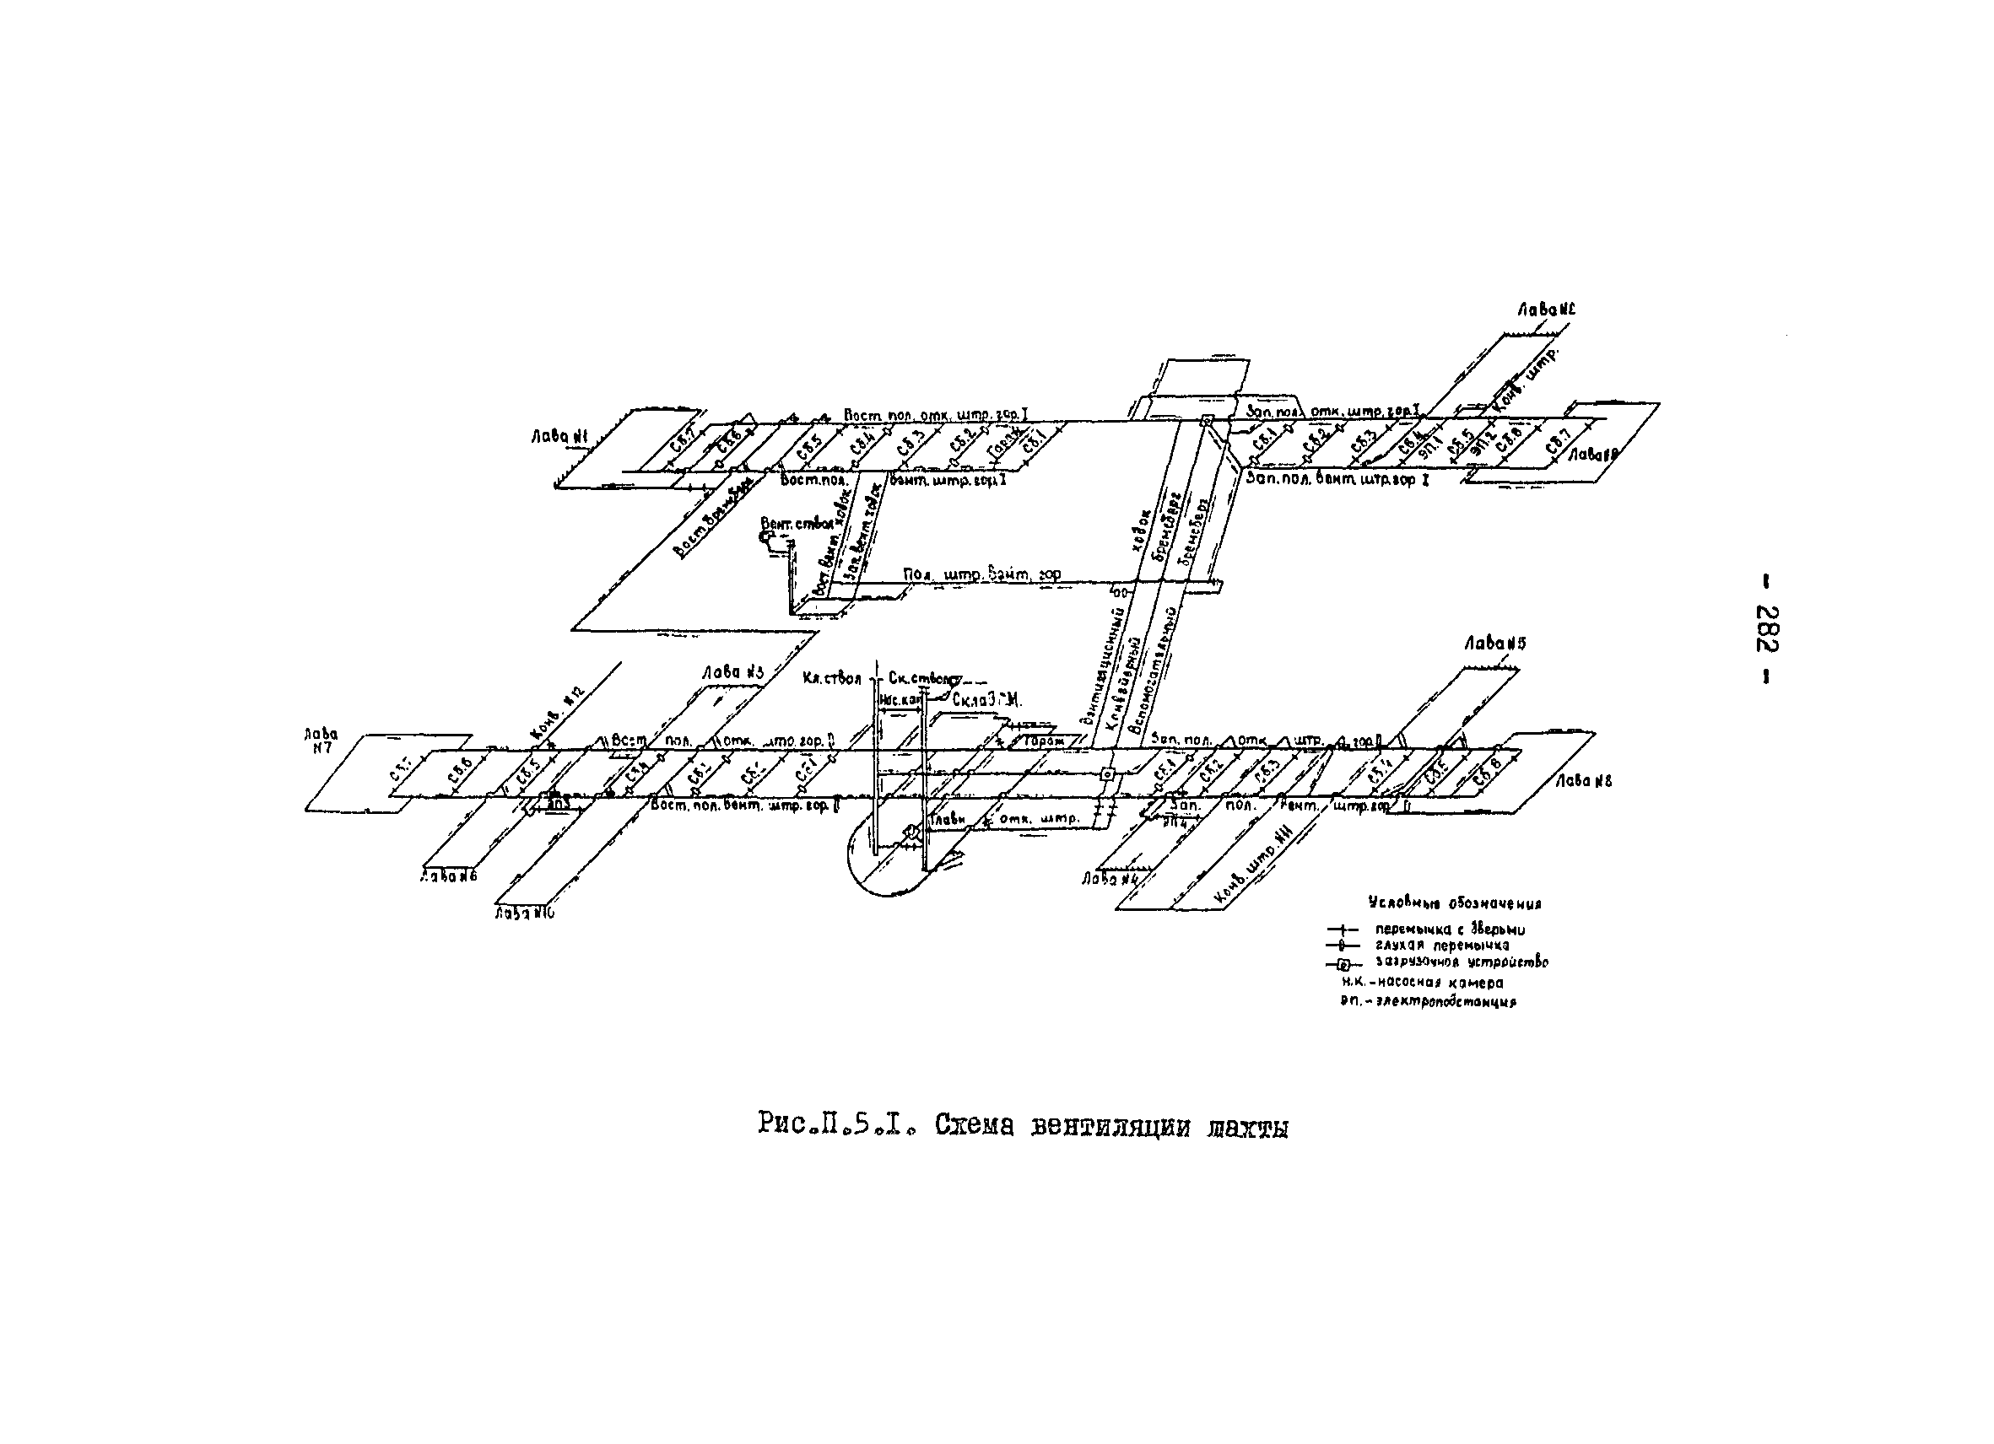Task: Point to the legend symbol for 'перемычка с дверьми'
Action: pyautogui.click(x=1342, y=929)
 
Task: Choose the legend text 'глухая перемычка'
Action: pyautogui.click(x=1442, y=946)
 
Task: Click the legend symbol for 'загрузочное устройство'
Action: pyautogui.click(x=1342, y=963)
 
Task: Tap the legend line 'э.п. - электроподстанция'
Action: pyautogui.click(x=1428, y=1001)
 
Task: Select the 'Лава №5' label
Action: pyautogui.click(x=1494, y=644)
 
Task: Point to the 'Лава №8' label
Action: pyautogui.click(x=1583, y=780)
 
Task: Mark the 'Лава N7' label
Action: pyautogui.click(x=321, y=741)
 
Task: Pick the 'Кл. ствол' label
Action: pyautogui.click(x=831, y=678)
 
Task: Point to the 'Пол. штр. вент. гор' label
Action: pyautogui.click(x=981, y=574)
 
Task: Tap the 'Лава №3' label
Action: pyautogui.click(x=732, y=672)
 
